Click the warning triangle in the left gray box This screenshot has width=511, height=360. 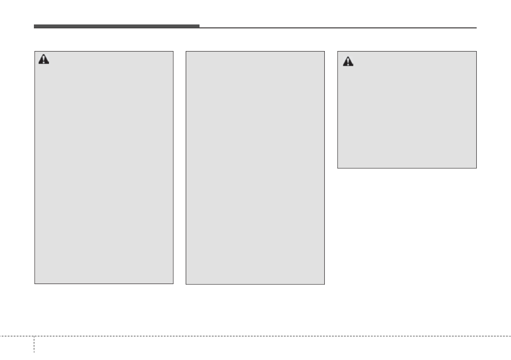click(x=44, y=60)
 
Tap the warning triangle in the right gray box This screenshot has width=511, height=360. click(x=348, y=62)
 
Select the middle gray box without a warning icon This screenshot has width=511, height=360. click(x=255, y=168)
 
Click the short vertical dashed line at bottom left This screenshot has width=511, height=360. click(x=34, y=348)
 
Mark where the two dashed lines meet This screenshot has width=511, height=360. click(x=34, y=336)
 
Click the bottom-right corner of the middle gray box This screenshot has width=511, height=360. click(x=324, y=284)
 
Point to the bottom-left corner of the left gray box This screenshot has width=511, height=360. click(x=35, y=284)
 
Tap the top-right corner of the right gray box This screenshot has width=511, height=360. click(x=476, y=52)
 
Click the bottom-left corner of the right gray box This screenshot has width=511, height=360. click(x=338, y=168)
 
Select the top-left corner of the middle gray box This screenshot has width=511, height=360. click(x=186, y=52)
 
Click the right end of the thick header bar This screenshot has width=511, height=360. click(x=199, y=27)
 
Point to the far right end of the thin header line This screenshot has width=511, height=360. click(x=476, y=28)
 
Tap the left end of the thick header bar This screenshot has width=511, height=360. click(x=34, y=27)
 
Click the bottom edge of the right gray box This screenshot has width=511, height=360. click(x=407, y=168)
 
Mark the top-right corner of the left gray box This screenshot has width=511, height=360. click(x=173, y=52)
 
